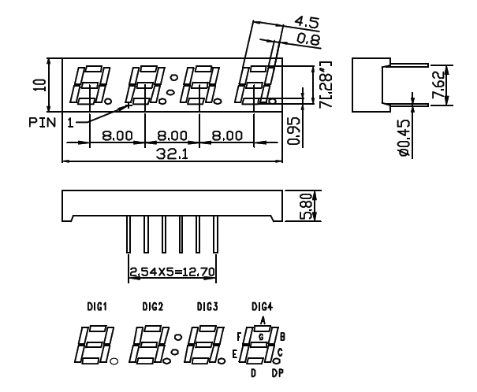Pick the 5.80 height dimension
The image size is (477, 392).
tap(306, 207)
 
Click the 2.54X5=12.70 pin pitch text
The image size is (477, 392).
tap(173, 273)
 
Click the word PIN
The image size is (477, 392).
tap(41, 123)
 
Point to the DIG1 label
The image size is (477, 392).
tap(88, 305)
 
